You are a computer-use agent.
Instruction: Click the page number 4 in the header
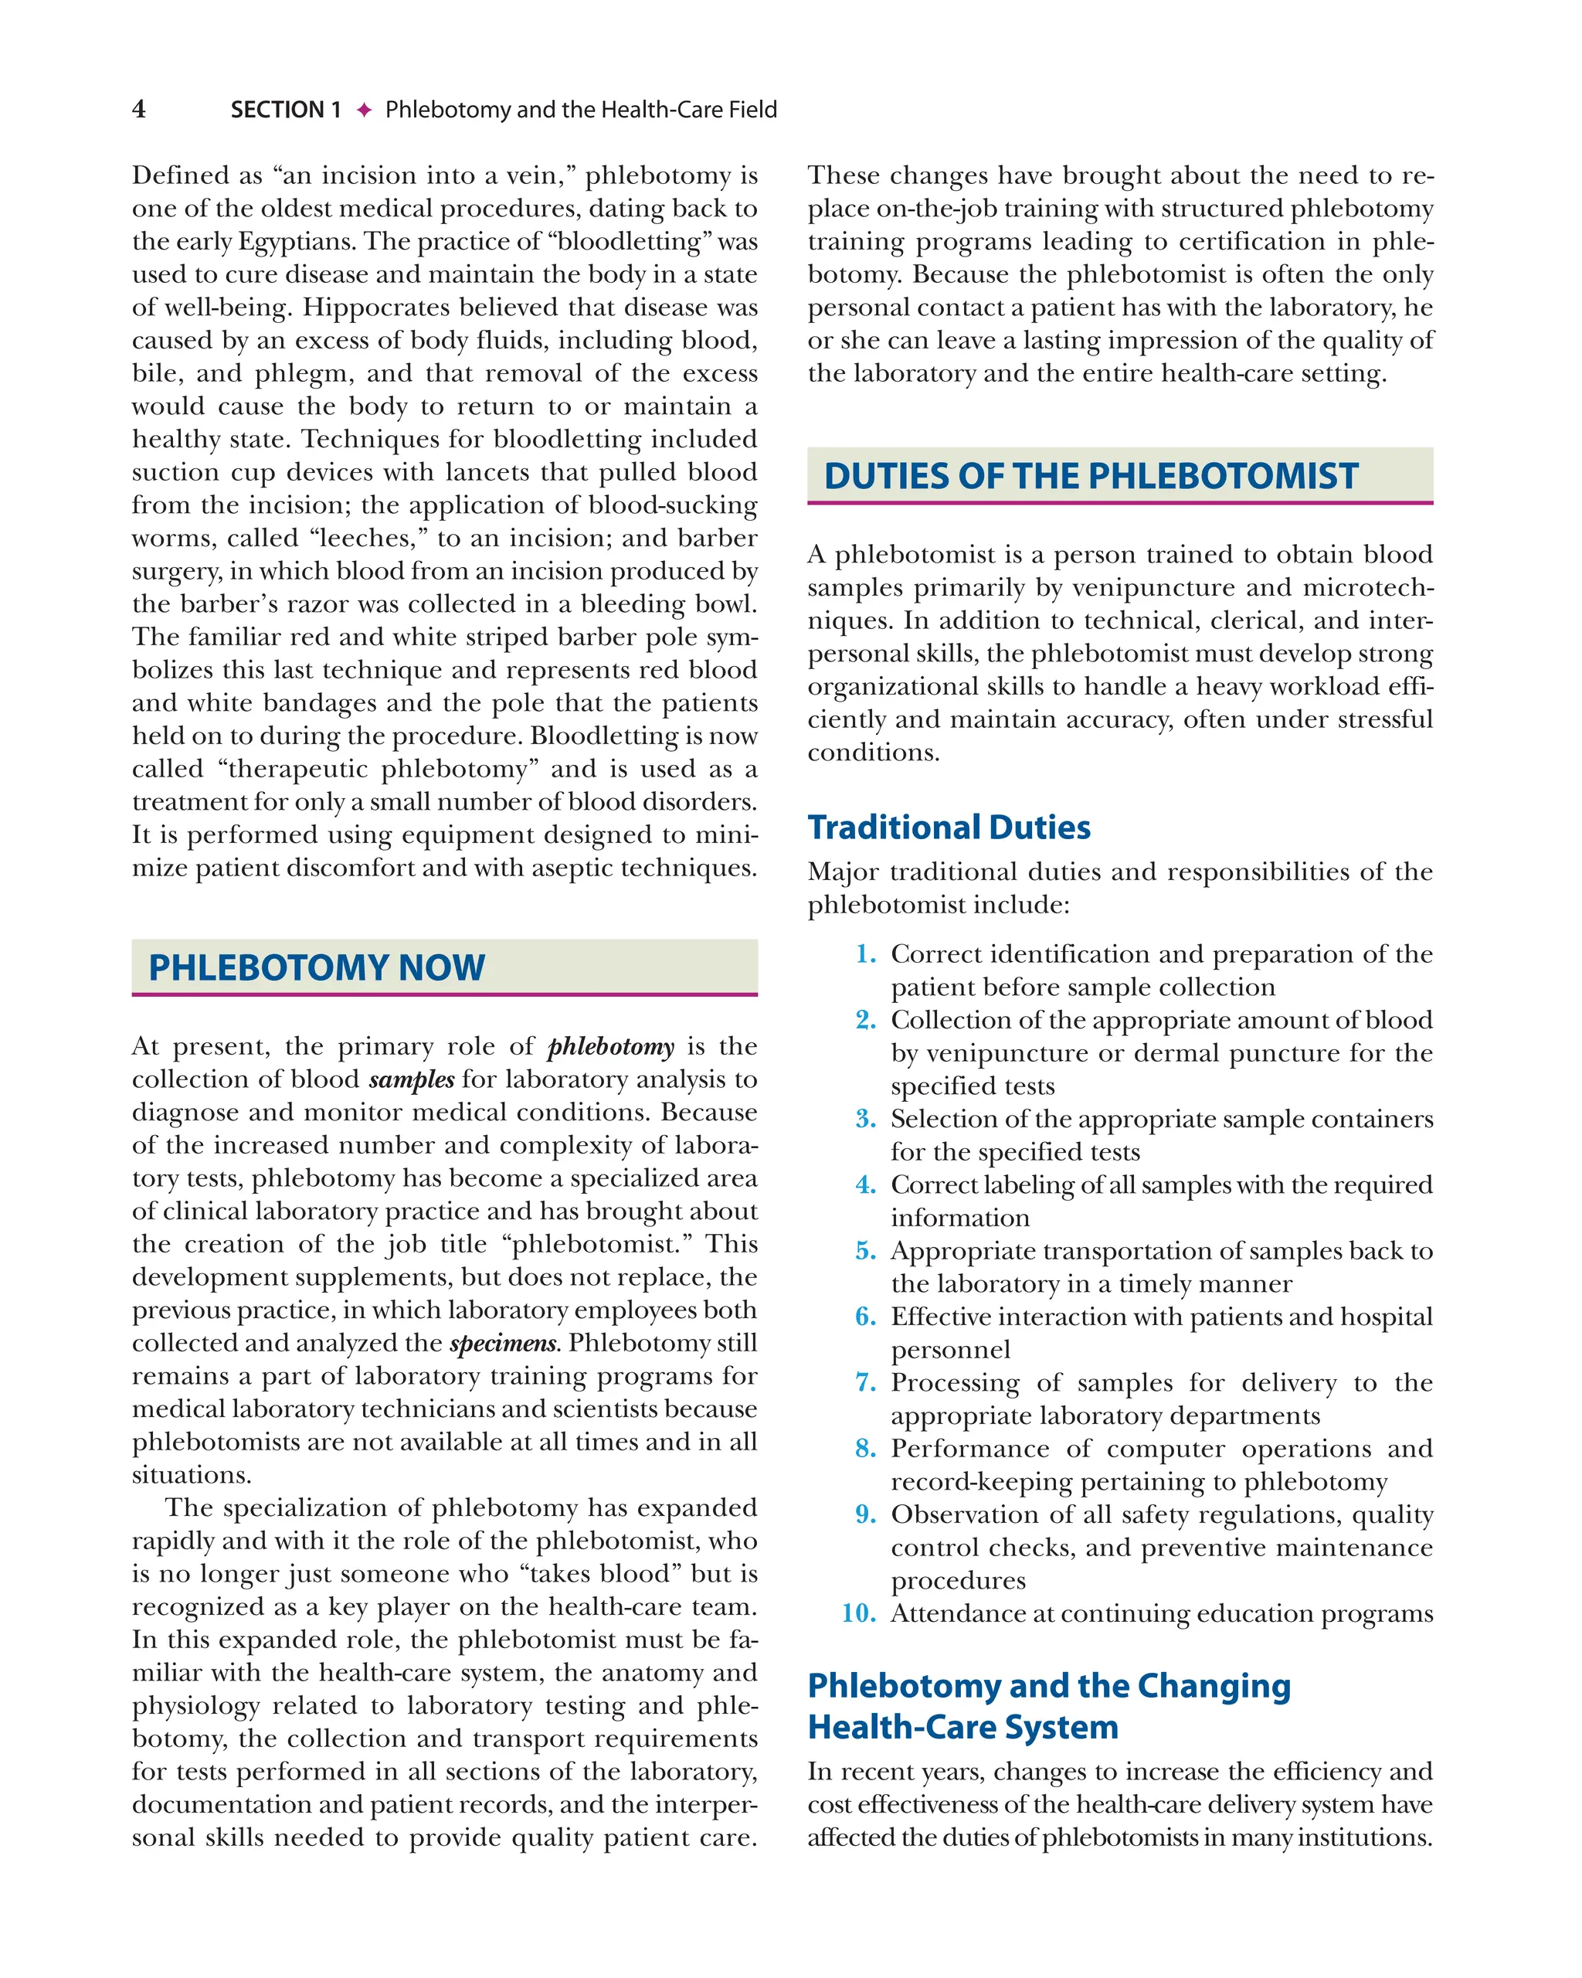pos(138,109)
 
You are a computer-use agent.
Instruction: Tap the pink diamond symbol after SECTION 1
pos(364,110)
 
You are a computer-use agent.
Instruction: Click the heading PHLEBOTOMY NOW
pos(317,968)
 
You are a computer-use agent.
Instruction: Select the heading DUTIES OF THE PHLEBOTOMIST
pos(1091,476)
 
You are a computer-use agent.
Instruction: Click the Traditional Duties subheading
pos(949,828)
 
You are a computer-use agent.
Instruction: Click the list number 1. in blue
pos(866,954)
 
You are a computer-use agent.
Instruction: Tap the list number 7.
pos(866,1382)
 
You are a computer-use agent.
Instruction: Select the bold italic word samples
pos(411,1080)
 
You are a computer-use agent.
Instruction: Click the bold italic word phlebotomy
pos(611,1047)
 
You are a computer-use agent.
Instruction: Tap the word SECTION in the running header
pos(277,110)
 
